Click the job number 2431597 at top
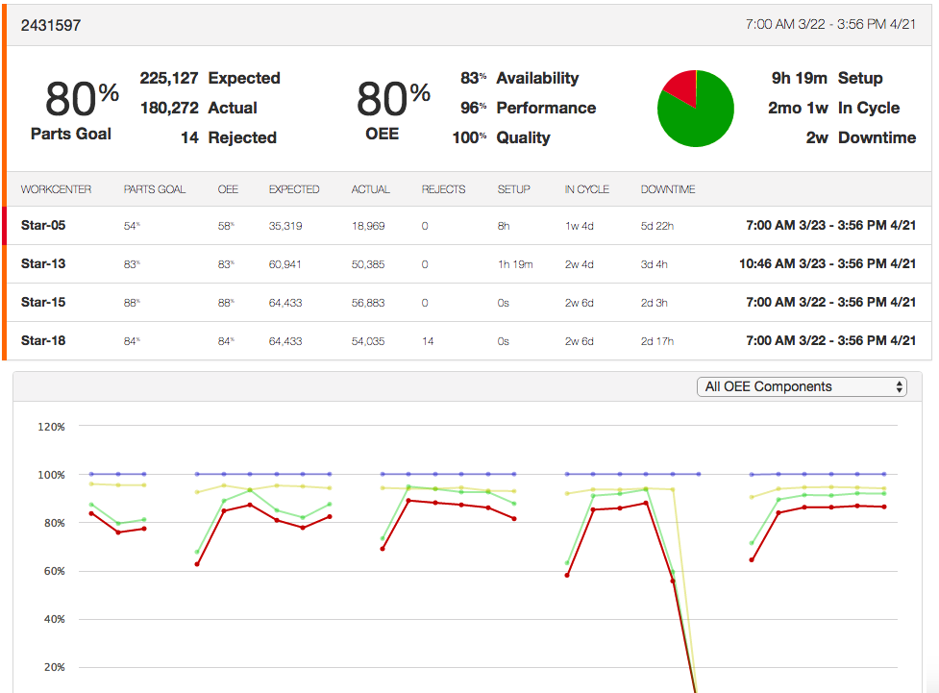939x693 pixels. [x=51, y=26]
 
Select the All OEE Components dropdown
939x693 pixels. [x=803, y=386]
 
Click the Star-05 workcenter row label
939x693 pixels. [x=43, y=225]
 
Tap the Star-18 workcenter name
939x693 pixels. [x=43, y=340]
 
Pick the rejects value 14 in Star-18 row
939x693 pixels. [x=428, y=340]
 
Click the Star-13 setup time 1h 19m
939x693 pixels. [x=515, y=263]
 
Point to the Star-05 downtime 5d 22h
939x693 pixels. [x=657, y=225]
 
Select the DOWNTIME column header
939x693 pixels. [x=668, y=189]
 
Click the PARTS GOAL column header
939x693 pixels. [x=155, y=189]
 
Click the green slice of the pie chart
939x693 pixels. [x=702, y=120]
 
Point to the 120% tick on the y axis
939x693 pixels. [x=51, y=427]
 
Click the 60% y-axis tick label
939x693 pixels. [x=51, y=571]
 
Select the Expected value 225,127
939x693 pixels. [x=169, y=78]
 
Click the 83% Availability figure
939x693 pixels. [x=472, y=78]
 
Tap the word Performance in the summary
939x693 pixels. [x=546, y=108]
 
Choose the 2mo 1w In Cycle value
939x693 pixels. [x=798, y=108]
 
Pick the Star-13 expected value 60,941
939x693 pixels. [x=285, y=263]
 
